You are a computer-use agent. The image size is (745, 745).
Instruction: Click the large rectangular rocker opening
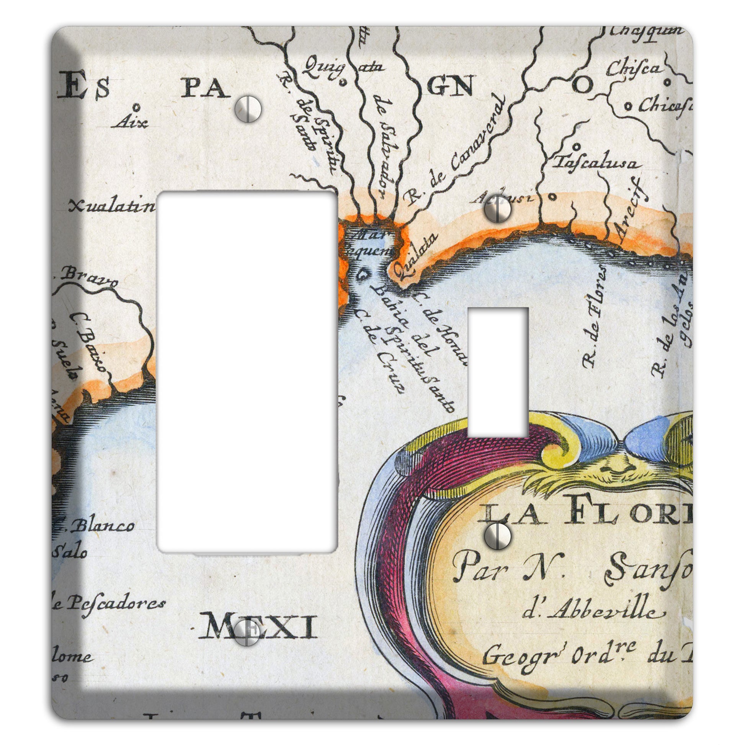click(x=247, y=372)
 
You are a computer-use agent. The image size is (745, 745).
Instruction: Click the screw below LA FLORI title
click(x=498, y=536)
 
